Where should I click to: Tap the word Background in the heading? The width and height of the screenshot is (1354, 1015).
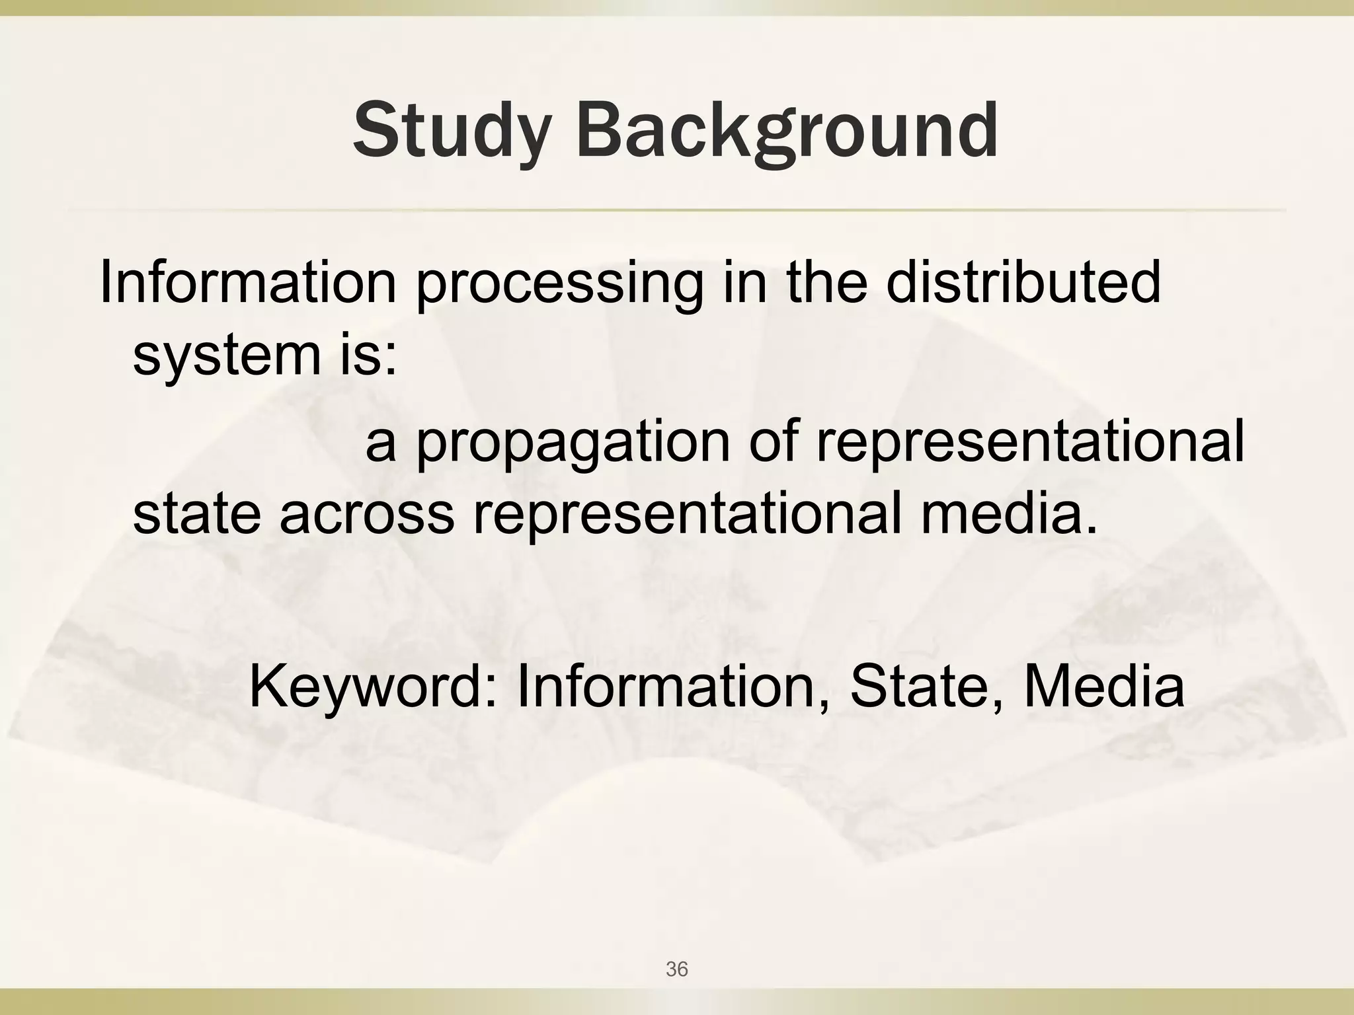pyautogui.click(x=787, y=130)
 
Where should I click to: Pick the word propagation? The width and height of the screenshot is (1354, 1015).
pyautogui.click(x=573, y=443)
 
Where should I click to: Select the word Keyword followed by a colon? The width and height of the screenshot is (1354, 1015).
pyautogui.click(x=373, y=687)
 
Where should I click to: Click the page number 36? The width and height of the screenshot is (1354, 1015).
pyautogui.click(x=677, y=969)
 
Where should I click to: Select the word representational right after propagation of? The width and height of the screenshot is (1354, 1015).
pyautogui.click(x=1030, y=443)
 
